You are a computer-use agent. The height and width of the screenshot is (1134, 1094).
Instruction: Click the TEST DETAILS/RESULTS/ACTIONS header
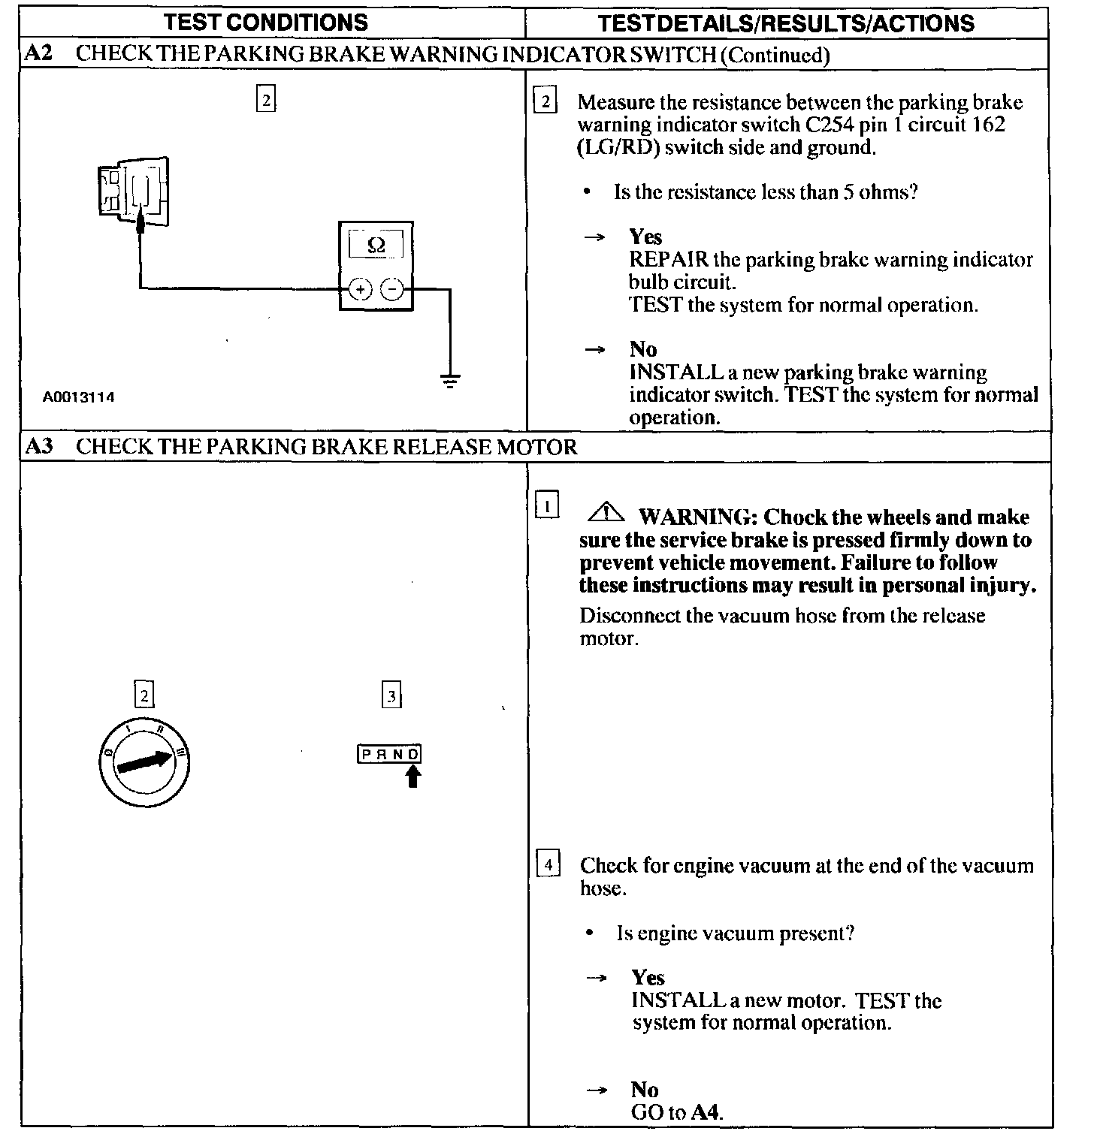786,23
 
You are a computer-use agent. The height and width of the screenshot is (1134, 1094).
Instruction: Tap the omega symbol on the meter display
376,245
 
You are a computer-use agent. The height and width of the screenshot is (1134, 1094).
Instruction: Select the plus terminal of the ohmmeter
361,289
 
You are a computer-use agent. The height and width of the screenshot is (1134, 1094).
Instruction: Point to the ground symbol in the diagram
450,382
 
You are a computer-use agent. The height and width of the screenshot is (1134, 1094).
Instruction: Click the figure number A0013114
79,397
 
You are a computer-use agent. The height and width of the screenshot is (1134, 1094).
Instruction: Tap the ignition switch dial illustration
143,762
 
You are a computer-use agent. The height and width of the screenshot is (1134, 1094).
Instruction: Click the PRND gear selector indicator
389,754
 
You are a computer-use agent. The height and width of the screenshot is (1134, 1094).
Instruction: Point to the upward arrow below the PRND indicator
413,777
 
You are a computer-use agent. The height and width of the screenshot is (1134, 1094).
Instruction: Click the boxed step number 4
549,865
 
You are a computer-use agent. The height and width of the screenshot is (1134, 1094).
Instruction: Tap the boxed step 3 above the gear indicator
391,695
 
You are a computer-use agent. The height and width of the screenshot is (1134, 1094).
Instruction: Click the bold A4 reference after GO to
706,1112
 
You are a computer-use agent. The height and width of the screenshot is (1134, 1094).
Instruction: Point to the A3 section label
39,447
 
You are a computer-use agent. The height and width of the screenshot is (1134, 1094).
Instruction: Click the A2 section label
39,54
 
